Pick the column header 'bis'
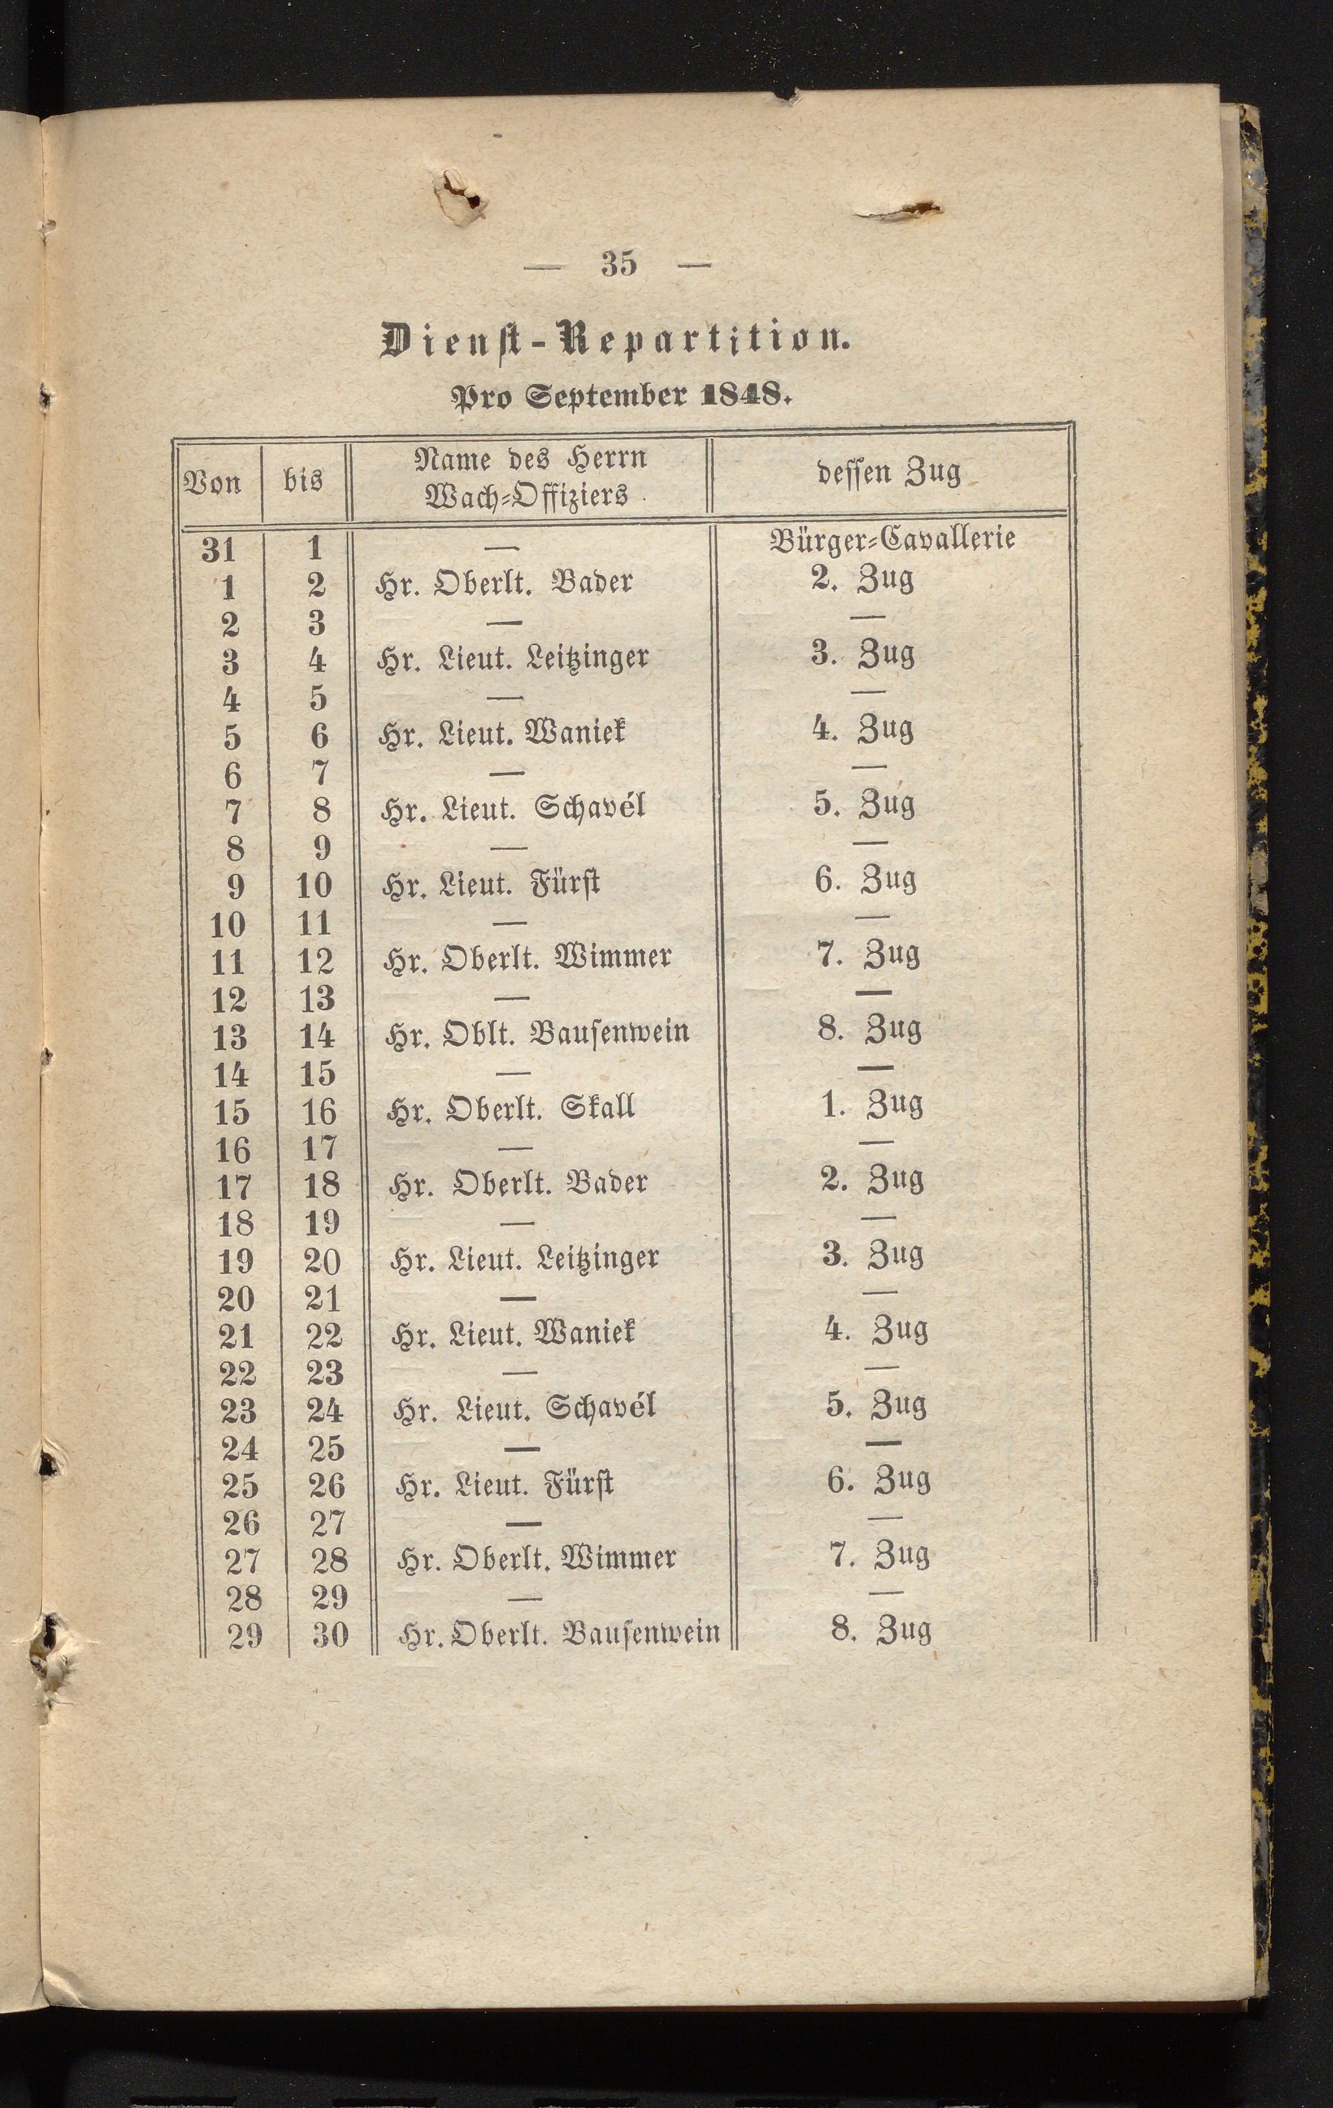[x=303, y=479]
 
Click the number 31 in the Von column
[x=219, y=549]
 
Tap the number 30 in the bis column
[x=330, y=1634]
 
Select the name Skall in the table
[x=599, y=1108]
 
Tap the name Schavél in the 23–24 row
[x=600, y=1408]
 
